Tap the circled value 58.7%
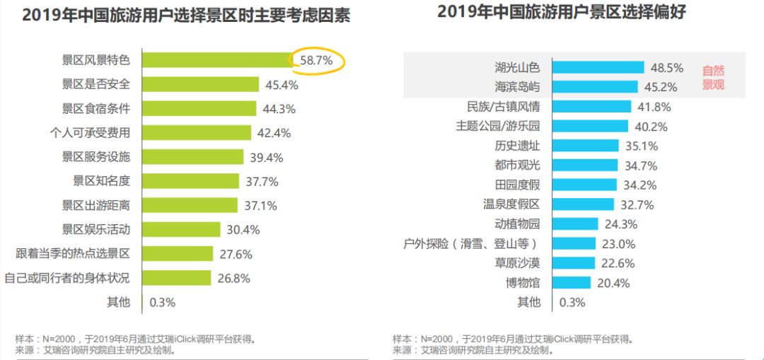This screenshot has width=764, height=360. (x=316, y=61)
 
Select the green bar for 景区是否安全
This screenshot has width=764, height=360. (x=200, y=85)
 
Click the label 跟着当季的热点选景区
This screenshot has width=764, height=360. (x=73, y=253)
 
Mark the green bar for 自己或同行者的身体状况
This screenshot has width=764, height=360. (x=176, y=277)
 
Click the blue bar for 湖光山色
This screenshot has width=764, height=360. (x=598, y=67)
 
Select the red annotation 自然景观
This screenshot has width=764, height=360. (x=713, y=78)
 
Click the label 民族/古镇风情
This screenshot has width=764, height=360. (x=503, y=107)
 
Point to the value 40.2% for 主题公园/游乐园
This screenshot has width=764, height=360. (x=650, y=127)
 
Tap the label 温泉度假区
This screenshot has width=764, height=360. (x=511, y=205)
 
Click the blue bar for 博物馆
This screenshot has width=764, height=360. (x=571, y=283)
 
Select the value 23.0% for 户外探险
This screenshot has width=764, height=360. (x=618, y=244)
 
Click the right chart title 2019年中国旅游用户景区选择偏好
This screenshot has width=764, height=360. (x=562, y=12)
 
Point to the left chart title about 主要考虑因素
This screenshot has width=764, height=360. (x=185, y=16)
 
